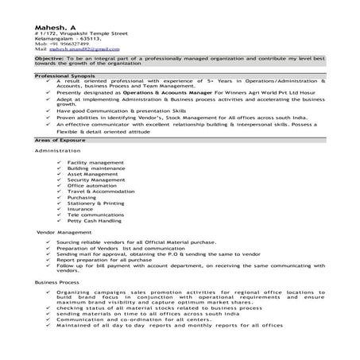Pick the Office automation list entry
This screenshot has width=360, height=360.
point(91,186)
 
